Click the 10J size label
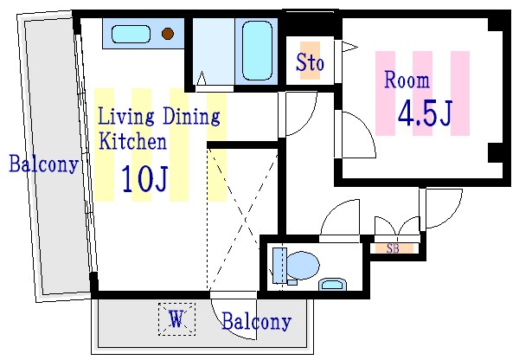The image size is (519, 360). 144,179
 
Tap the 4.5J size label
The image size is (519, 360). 425,113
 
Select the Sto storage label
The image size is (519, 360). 310,62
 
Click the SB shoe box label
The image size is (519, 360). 393,248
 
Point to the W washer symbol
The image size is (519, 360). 176,319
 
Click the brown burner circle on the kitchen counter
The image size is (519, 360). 168,34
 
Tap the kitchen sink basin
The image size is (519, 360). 131,34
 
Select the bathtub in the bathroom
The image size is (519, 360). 257,51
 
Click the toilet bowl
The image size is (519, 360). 302,266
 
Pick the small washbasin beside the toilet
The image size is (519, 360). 332,285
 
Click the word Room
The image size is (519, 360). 407,80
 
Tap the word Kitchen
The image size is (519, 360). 132,141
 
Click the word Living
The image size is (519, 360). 126,116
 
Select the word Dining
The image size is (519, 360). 191,116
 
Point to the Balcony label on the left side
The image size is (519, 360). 43,164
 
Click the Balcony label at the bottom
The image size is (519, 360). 257,321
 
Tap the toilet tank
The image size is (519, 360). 279,266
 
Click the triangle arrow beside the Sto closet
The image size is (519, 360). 349,47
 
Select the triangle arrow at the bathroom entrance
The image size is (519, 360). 202,78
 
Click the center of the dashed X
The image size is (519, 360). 246,219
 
